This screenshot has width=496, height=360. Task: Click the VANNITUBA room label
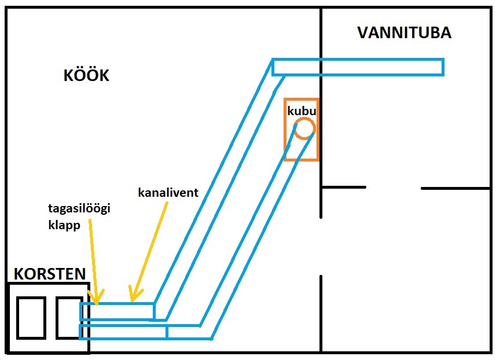point(404,32)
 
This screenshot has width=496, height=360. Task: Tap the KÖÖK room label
point(86,76)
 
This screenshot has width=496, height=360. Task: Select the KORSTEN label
point(50,273)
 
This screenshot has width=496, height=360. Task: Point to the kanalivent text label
point(168,193)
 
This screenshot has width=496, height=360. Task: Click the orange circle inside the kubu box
point(304,128)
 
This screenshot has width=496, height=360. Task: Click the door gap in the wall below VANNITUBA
point(394,188)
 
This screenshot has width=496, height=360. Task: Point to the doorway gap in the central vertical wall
point(321,247)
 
